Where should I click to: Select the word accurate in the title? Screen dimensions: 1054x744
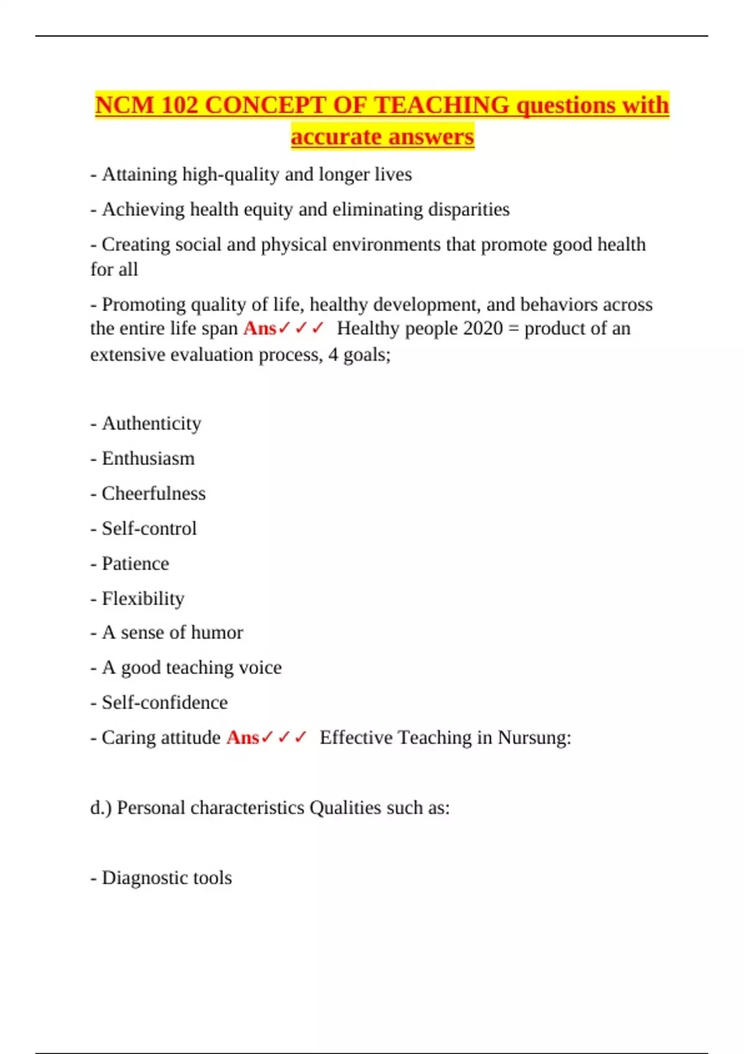tap(335, 137)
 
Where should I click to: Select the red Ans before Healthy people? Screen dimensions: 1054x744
tap(260, 329)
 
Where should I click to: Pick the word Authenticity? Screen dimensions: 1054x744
tap(151, 423)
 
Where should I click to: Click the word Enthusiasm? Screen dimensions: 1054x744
tap(148, 459)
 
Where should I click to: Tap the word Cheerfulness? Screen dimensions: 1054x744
tap(154, 494)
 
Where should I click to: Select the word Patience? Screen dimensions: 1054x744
tap(135, 564)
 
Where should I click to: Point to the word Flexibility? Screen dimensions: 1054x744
tap(143, 599)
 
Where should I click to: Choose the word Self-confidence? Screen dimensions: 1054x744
tap(165, 703)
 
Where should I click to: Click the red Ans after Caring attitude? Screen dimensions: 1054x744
tap(242, 738)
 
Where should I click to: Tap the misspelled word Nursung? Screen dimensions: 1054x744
tap(534, 738)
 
